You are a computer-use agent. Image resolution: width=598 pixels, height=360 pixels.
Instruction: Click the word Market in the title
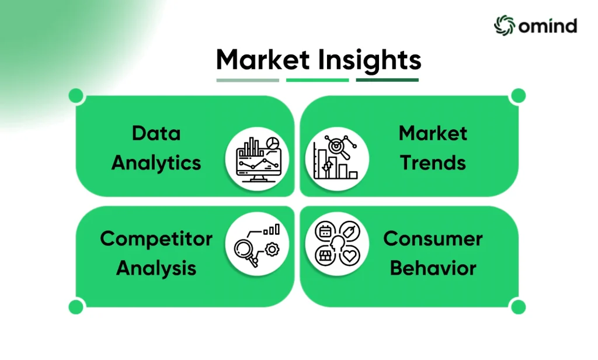click(x=263, y=60)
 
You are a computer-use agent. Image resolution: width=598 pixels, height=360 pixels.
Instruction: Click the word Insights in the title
click(x=370, y=61)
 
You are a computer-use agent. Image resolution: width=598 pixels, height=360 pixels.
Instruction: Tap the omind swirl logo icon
click(x=504, y=26)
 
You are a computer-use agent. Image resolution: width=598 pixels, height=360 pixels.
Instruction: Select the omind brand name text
click(x=548, y=26)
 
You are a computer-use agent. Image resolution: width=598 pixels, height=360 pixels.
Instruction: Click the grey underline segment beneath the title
click(x=248, y=80)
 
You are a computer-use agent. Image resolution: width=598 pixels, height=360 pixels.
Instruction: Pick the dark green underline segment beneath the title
click(x=387, y=80)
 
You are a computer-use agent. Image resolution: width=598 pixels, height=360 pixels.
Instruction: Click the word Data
click(x=156, y=134)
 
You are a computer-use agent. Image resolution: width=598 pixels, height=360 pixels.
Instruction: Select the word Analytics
click(x=156, y=164)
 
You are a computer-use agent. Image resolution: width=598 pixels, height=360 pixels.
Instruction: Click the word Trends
click(x=433, y=163)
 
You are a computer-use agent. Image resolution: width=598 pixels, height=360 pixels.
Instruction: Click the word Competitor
click(x=156, y=240)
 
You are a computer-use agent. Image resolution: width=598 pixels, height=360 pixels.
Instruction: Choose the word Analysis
click(x=156, y=268)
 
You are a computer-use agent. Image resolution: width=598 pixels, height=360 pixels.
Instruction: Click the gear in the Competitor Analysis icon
click(x=272, y=250)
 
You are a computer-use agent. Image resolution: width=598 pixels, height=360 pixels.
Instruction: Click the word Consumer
click(x=433, y=239)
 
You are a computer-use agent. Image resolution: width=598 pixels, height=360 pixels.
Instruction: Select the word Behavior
click(x=433, y=268)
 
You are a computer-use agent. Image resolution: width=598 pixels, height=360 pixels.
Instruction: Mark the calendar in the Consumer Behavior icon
click(x=325, y=231)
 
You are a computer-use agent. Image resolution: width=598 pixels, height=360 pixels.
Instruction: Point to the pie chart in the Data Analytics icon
click(x=273, y=144)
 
